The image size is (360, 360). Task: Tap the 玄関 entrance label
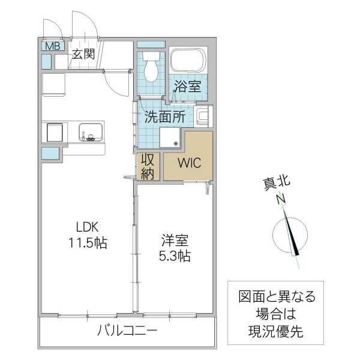(x=84, y=54)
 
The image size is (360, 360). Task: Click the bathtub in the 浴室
(x=188, y=61)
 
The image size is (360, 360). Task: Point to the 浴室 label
(x=187, y=86)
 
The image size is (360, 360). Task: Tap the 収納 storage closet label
(x=147, y=166)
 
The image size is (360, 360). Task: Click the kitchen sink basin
(x=91, y=130)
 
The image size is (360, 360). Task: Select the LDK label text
(x=86, y=227)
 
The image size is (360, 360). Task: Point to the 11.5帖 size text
(x=87, y=243)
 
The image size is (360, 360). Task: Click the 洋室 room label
(x=175, y=241)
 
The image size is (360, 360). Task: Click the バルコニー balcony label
(x=127, y=330)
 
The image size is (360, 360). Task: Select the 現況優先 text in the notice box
(x=275, y=329)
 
